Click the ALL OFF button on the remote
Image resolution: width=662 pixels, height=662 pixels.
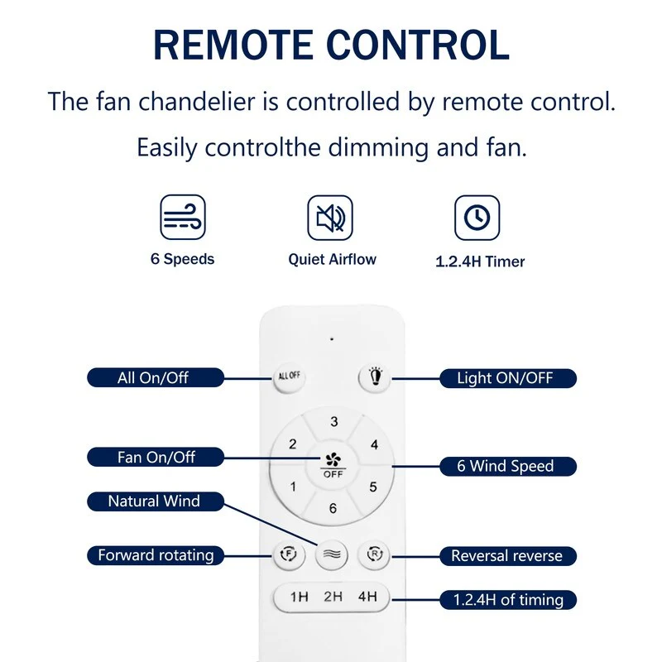pyautogui.click(x=289, y=377)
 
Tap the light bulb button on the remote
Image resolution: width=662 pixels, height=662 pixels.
pyautogui.click(x=376, y=377)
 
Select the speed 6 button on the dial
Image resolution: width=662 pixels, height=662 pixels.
pyautogui.click(x=333, y=508)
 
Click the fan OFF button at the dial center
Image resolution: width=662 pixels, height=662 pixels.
pyautogui.click(x=333, y=465)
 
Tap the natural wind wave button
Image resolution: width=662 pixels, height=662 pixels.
pyautogui.click(x=332, y=554)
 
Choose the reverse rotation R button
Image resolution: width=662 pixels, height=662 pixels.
pyautogui.click(x=375, y=554)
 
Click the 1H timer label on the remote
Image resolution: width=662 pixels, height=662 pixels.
pyautogui.click(x=299, y=597)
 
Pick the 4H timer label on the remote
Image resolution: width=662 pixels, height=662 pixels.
pyautogui.click(x=367, y=596)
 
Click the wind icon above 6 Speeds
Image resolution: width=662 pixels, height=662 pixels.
pyautogui.click(x=183, y=217)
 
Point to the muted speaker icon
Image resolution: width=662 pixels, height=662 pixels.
pyautogui.click(x=330, y=218)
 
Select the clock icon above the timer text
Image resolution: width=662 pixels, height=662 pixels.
pyautogui.click(x=477, y=218)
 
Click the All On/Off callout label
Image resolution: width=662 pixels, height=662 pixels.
pyautogui.click(x=156, y=377)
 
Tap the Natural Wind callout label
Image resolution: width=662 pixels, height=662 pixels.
pyautogui.click(x=156, y=501)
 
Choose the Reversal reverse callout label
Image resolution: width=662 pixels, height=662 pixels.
pyautogui.click(x=508, y=555)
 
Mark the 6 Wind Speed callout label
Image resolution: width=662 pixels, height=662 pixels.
pyautogui.click(x=508, y=466)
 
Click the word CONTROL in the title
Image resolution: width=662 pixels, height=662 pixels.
pyautogui.click(x=418, y=45)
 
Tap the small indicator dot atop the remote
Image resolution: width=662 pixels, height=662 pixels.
pyautogui.click(x=332, y=338)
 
